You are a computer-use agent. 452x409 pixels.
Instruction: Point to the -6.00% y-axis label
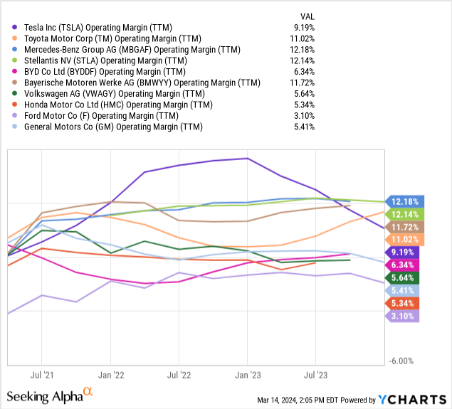click(x=403, y=361)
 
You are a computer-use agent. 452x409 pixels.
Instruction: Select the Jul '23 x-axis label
click(x=315, y=373)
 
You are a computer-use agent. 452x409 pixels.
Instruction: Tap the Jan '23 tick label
click(x=248, y=373)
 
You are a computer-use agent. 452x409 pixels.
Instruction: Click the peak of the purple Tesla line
click(x=247, y=158)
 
